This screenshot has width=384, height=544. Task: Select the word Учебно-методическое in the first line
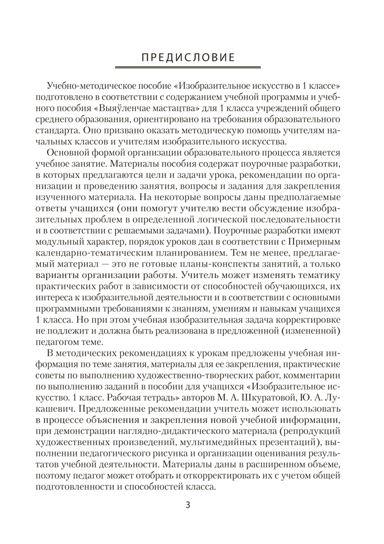pos(89,86)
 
